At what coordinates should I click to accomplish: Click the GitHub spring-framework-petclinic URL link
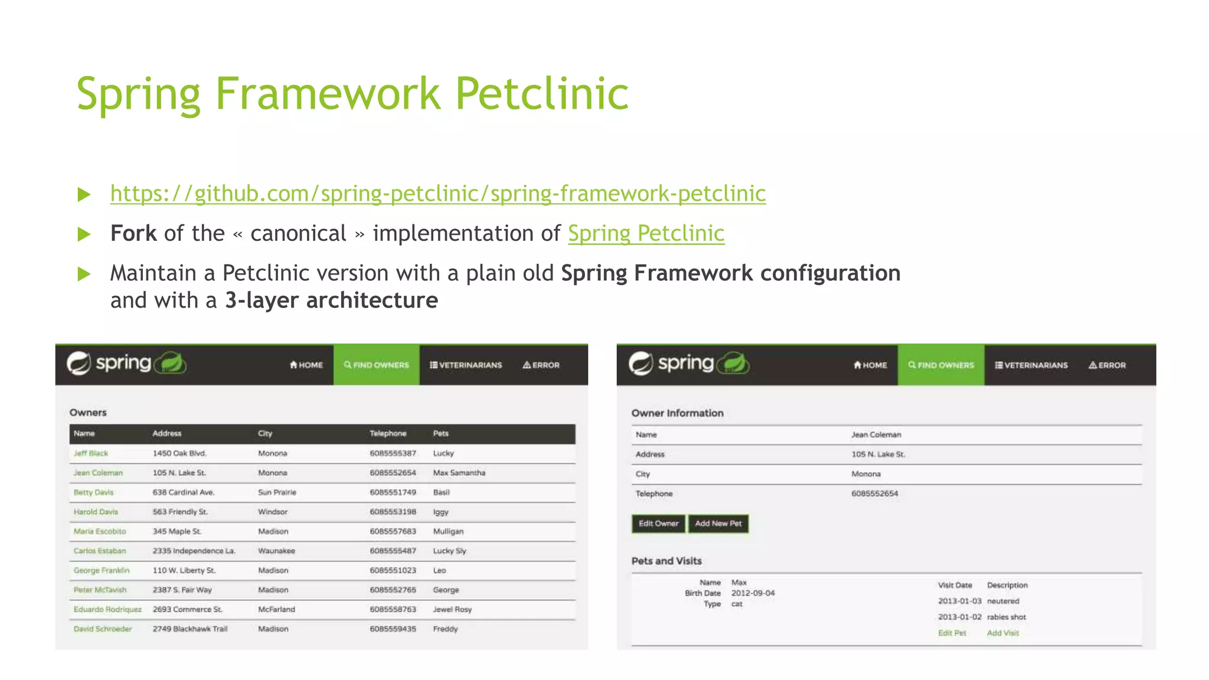pyautogui.click(x=437, y=194)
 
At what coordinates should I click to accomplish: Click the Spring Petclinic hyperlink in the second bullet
pyautogui.click(x=646, y=234)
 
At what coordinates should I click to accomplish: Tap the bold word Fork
pyautogui.click(x=133, y=234)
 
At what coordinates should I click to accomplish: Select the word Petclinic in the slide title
pyautogui.click(x=541, y=94)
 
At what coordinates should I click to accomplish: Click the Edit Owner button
pyautogui.click(x=658, y=524)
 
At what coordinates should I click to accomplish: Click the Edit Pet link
pyautogui.click(x=952, y=633)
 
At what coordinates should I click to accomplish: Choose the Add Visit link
pyautogui.click(x=1002, y=633)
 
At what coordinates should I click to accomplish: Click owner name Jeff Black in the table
pyautogui.click(x=91, y=453)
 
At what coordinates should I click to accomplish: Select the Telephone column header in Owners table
pyautogui.click(x=388, y=433)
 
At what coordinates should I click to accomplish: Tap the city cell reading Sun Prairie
pyautogui.click(x=277, y=492)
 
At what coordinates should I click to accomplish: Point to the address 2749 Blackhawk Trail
pyautogui.click(x=189, y=629)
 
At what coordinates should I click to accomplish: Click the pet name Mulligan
pyautogui.click(x=448, y=531)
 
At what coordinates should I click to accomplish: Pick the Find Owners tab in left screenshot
pyautogui.click(x=377, y=365)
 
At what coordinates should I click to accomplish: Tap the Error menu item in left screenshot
pyautogui.click(x=541, y=365)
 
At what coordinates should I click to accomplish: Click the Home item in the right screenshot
pyautogui.click(x=870, y=365)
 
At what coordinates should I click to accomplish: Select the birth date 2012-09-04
pyautogui.click(x=753, y=593)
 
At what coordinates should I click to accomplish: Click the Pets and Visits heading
pyautogui.click(x=666, y=561)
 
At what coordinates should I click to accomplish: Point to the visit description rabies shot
pyautogui.click(x=1007, y=617)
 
